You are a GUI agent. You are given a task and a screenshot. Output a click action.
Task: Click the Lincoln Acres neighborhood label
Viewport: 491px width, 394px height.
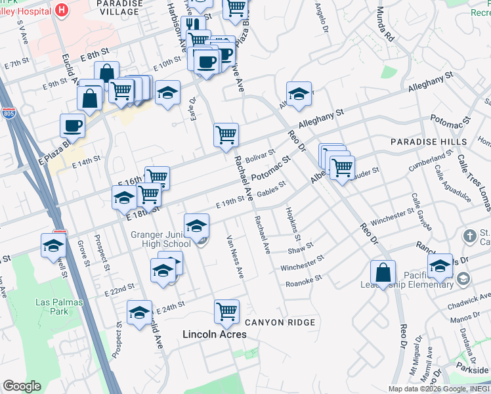214,334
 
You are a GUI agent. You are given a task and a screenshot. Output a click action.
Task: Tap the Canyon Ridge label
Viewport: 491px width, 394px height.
280,322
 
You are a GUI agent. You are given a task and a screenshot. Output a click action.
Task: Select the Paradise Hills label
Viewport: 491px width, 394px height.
429,142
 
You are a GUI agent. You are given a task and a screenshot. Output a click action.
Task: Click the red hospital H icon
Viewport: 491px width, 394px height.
61,9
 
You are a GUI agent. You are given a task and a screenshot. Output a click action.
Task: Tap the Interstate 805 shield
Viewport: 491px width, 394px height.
9,113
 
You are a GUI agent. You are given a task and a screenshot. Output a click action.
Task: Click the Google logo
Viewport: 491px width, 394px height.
22,386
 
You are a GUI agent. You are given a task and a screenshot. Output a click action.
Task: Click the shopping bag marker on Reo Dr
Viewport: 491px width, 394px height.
383,273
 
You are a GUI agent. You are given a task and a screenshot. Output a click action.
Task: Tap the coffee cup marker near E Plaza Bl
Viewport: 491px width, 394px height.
72,125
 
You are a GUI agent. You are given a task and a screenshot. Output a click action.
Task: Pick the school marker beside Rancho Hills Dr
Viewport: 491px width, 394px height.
440,265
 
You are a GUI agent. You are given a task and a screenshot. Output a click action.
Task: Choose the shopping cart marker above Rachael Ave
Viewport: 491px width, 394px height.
226,135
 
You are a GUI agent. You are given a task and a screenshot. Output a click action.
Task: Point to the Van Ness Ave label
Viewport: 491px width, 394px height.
235,256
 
